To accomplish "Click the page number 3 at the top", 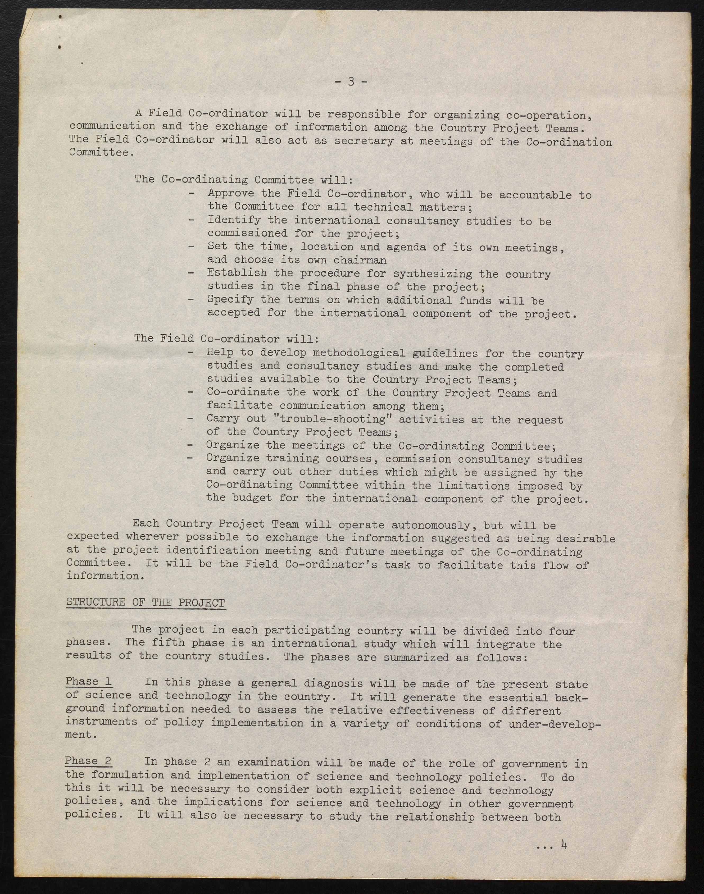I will pyautogui.click(x=351, y=81).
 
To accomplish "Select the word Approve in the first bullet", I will pyautogui.click(x=231, y=193).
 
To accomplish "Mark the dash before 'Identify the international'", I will pyautogui.click(x=191, y=220).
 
